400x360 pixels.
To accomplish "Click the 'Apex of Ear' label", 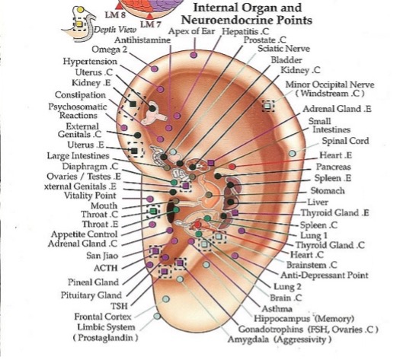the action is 191,32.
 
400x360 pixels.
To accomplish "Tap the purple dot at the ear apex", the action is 194,55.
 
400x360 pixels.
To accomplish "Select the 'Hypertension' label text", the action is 90,62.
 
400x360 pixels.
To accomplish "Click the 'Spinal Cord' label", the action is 345,141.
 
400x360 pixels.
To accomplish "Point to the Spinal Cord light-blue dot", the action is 293,154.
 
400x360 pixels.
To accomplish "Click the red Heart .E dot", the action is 232,167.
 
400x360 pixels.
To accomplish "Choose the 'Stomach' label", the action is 328,190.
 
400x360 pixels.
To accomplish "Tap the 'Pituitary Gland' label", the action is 91,295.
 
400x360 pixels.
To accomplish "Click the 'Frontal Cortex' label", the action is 103,317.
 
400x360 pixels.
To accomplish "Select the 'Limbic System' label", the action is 106,327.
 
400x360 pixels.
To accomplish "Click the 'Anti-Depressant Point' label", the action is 325,276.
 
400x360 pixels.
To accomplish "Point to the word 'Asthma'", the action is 277,309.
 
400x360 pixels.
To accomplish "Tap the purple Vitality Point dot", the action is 150,199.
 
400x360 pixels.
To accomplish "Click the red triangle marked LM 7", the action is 150,16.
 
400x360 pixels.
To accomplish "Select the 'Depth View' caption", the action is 115,30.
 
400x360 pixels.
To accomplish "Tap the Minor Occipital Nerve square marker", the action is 268,106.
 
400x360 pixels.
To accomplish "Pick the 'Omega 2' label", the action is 109,49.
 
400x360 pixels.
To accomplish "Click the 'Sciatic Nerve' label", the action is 283,49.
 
